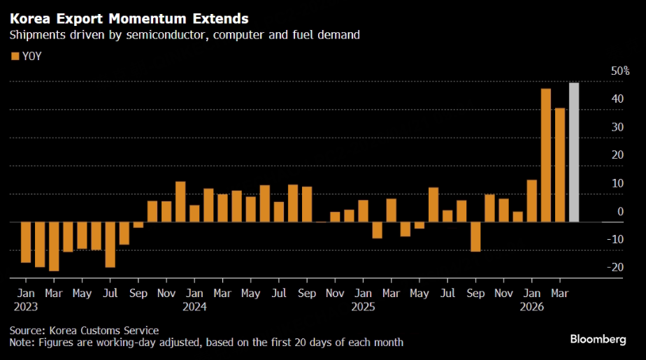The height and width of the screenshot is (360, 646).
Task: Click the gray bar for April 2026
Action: click(573, 152)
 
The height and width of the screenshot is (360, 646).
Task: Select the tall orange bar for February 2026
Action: click(546, 155)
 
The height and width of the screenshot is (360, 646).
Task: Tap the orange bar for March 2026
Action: click(560, 165)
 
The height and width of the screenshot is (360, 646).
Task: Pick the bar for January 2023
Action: click(26, 242)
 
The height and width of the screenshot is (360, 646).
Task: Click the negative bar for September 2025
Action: click(475, 236)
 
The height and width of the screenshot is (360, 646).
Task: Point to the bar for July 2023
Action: click(110, 244)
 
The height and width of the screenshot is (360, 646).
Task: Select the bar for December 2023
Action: click(180, 201)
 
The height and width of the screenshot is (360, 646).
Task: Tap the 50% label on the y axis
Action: click(620, 71)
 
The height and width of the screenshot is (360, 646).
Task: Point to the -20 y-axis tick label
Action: click(616, 267)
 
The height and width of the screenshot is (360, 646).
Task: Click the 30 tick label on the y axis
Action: click(617, 127)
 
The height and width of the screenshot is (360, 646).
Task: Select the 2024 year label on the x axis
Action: click(194, 306)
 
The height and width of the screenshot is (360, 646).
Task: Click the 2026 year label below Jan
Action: click(531, 306)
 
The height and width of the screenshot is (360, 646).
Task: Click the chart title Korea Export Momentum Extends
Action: click(129, 17)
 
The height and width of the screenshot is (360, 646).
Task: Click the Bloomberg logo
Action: click(598, 339)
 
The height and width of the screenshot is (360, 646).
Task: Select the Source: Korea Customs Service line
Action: click(84, 330)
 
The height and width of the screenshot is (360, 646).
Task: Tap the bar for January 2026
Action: click(532, 201)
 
